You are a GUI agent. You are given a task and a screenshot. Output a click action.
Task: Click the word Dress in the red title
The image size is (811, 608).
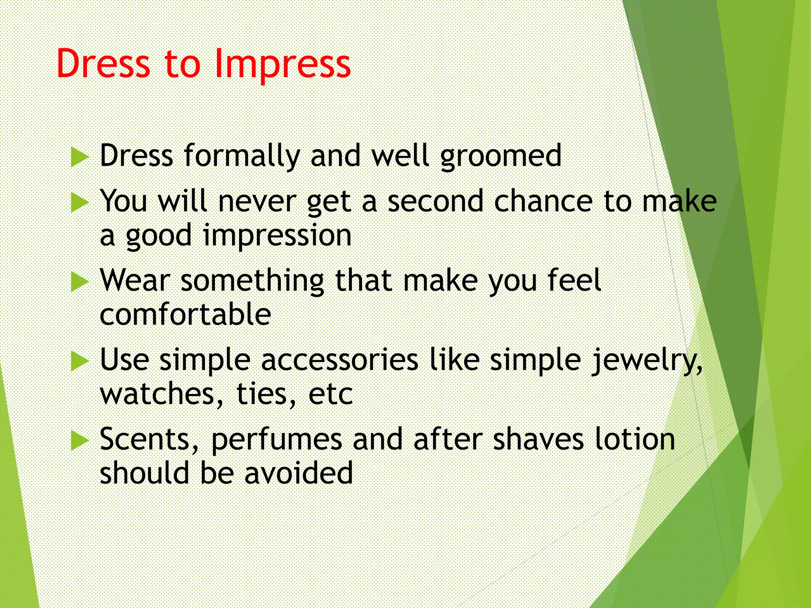coord(103,64)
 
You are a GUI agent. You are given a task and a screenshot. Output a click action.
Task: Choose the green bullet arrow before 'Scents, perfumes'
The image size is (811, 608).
coord(79,441)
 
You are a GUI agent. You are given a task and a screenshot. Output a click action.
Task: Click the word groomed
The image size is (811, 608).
coord(501,156)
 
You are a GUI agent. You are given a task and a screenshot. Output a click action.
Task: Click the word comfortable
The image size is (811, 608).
coord(185,315)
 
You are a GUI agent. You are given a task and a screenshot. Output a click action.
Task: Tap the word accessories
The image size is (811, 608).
coord(340,361)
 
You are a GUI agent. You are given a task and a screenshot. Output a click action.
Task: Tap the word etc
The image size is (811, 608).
coord(330,395)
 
